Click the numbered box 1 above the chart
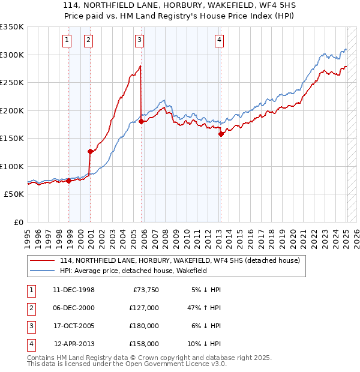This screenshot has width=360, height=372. pyautogui.click(x=66, y=40)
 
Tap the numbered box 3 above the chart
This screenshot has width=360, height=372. pyautogui.click(x=139, y=40)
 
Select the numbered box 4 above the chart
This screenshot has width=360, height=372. pyautogui.click(x=220, y=40)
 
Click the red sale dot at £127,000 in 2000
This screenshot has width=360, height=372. pyautogui.click(x=90, y=151)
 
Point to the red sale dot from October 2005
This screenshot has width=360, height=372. pyautogui.click(x=142, y=121)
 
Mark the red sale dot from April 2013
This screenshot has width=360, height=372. pyautogui.click(x=221, y=134)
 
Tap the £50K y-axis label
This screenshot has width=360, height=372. pyautogui.click(x=14, y=194)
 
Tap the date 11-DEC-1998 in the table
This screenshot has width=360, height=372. pyautogui.click(x=74, y=290)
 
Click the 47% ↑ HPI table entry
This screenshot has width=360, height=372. pyautogui.click(x=204, y=308)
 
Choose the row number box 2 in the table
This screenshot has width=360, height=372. pyautogui.click(x=30, y=308)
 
